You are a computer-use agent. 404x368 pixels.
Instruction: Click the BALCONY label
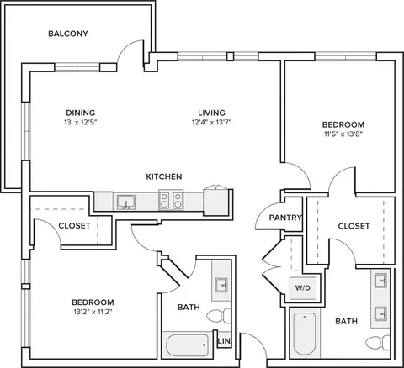[x=68, y=34]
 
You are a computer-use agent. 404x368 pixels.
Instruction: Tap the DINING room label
[x=81, y=113]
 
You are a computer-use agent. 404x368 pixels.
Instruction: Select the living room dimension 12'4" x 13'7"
[x=211, y=122]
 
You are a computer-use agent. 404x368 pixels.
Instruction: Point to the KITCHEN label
[x=164, y=176]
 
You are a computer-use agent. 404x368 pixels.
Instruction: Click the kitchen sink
[x=126, y=202]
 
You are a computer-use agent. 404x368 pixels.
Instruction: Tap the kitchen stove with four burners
[x=171, y=200]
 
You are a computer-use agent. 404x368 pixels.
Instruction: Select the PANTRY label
[x=285, y=218]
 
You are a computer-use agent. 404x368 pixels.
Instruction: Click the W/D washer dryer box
[x=303, y=288]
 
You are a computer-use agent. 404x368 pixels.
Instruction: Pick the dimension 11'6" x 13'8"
[x=343, y=134]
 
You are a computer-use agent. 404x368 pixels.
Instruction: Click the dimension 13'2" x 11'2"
[x=93, y=312]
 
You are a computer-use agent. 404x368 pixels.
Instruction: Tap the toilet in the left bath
[x=219, y=316]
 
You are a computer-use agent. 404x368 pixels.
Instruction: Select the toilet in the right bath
[x=378, y=343]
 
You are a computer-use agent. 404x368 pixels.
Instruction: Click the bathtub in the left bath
[x=188, y=345]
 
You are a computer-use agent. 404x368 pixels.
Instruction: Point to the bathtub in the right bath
[x=305, y=334]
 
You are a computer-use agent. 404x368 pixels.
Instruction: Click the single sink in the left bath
[x=221, y=285]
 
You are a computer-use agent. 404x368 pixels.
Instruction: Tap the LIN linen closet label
[x=224, y=341]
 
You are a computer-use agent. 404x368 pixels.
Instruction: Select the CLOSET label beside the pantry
[x=353, y=226]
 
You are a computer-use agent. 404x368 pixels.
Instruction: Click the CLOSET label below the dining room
[x=74, y=225]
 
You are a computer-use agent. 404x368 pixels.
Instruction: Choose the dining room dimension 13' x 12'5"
[x=81, y=122]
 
